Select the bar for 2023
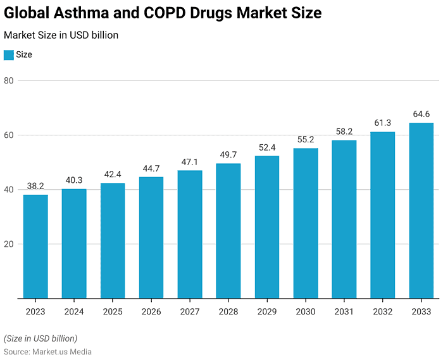pos(35,246)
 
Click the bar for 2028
pos(228,231)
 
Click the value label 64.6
pos(421,114)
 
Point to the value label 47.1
pos(190,162)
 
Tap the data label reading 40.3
pos(74,180)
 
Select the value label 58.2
pos(344,131)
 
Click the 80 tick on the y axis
pos(8,81)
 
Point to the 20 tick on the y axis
pos(8,244)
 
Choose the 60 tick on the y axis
pos(8,135)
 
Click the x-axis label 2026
pos(151,312)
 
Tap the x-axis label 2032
pos(382,312)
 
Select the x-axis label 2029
pos(267,312)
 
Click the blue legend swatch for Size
pos(8,55)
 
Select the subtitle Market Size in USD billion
pos(61,35)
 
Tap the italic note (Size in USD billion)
pos(41,338)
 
